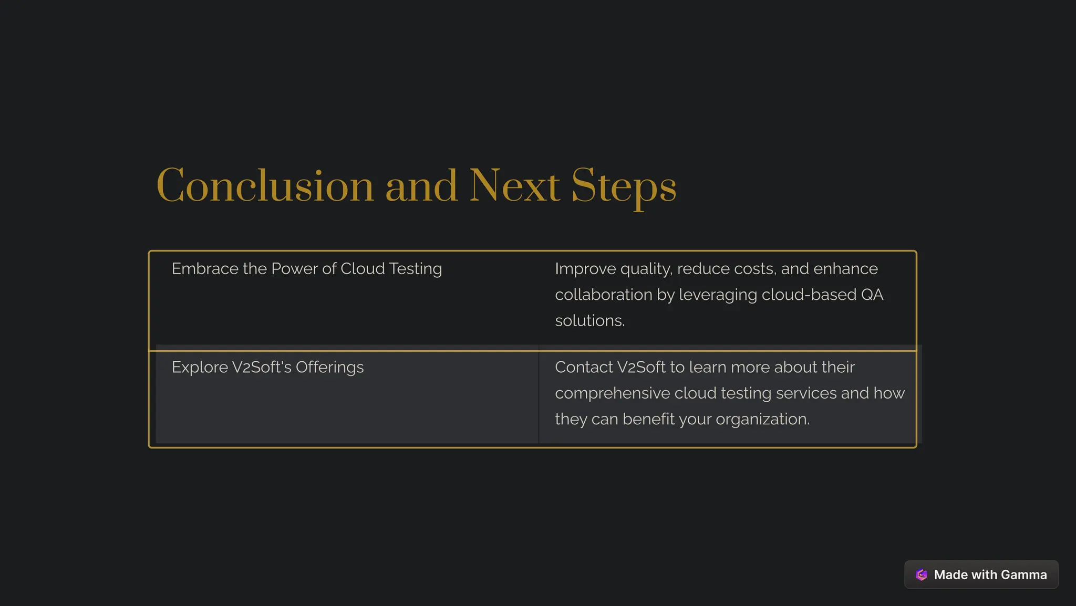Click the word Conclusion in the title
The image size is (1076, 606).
pyautogui.click(x=265, y=186)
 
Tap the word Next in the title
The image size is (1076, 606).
pyautogui.click(x=514, y=186)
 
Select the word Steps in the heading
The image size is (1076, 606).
pyautogui.click(x=624, y=187)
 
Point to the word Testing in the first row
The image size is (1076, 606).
pyautogui.click(x=415, y=269)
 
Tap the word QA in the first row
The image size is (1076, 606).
pyautogui.click(x=872, y=295)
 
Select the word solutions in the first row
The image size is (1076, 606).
pyautogui.click(x=589, y=320)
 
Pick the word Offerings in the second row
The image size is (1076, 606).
pyautogui.click(x=329, y=367)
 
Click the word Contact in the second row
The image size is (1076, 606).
pyautogui.click(x=584, y=367)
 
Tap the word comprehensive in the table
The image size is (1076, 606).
pyautogui.click(x=612, y=393)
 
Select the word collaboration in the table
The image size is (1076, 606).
pyautogui.click(x=604, y=295)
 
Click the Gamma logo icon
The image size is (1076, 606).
pyautogui.click(x=922, y=574)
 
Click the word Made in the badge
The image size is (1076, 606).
pyautogui.click(x=950, y=574)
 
